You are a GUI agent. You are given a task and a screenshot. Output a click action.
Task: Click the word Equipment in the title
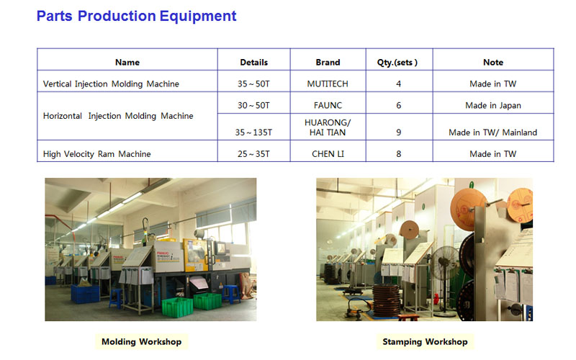(197, 17)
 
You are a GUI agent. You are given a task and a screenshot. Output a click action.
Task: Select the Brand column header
(328, 63)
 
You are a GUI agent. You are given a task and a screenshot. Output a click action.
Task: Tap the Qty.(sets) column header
(397, 63)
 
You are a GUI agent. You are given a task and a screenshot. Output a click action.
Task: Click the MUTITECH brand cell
(328, 84)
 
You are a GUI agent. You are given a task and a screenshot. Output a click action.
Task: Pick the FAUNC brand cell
(328, 106)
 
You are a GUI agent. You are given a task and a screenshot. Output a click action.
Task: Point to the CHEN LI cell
(328, 154)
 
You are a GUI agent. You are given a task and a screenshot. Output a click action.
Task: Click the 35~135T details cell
(253, 132)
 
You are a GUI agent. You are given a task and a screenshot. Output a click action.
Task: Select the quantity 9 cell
(399, 132)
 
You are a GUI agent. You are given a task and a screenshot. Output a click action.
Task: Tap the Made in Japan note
(493, 106)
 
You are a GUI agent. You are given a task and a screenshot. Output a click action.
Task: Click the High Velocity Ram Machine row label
(97, 154)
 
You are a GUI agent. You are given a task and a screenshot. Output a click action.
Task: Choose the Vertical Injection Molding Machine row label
(111, 84)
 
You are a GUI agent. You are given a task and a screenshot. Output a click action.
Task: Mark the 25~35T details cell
(253, 154)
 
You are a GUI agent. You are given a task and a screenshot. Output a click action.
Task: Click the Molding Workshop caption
(141, 341)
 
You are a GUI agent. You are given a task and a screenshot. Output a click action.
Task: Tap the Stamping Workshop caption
(425, 341)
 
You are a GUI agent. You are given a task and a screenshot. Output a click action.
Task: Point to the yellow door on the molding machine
(195, 255)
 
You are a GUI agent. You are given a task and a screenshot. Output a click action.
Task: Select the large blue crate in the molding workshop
(85, 294)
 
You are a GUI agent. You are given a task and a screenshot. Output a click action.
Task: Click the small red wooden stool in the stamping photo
(408, 317)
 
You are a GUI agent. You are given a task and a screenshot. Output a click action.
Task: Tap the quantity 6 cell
(399, 106)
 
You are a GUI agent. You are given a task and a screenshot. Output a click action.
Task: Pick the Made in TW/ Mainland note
(492, 132)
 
